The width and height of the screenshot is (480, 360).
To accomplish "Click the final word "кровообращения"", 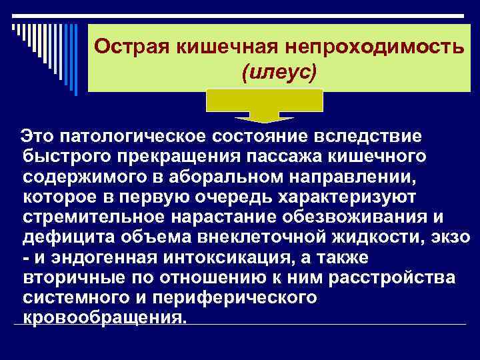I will point(102,317).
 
